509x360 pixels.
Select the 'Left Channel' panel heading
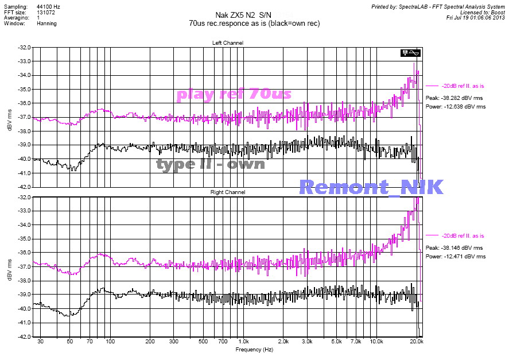pyautogui.click(x=228, y=43)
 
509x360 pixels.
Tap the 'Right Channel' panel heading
pyautogui.click(x=228, y=192)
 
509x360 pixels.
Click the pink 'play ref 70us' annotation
pyautogui.click(x=234, y=94)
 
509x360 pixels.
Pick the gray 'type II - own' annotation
pyautogui.click(x=211, y=164)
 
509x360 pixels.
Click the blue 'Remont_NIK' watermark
pyautogui.click(x=371, y=187)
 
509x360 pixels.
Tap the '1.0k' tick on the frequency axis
pyautogui.click(x=243, y=342)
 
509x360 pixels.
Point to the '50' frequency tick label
pyautogui.click(x=69, y=342)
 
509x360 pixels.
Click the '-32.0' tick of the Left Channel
pyautogui.click(x=24, y=47)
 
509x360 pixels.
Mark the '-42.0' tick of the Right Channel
pyautogui.click(x=24, y=337)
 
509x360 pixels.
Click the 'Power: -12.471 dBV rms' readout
pyautogui.click(x=456, y=257)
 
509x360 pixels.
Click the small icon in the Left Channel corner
pyautogui.click(x=412, y=53)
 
